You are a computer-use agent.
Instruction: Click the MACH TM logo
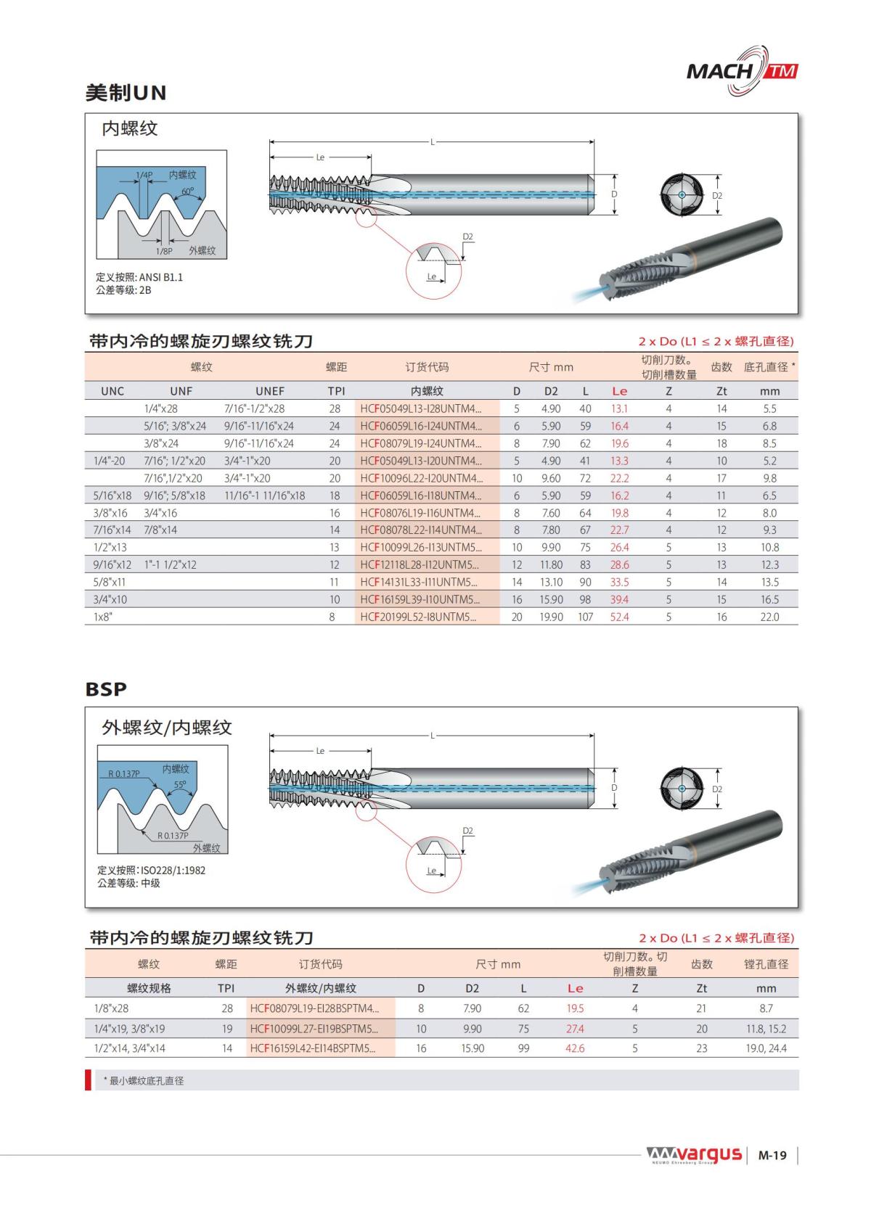pos(742,71)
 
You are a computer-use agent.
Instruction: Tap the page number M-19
pos(772,1155)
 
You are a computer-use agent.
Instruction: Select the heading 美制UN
pos(126,93)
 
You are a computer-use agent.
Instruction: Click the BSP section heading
pos(106,688)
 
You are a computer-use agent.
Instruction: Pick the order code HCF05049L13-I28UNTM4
pos(420,408)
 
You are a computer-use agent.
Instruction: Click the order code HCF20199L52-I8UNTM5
pos(418,617)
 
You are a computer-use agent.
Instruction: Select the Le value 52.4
pos(619,617)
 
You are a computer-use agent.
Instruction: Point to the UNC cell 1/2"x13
pos(110,547)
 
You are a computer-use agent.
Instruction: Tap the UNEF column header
pos(269,391)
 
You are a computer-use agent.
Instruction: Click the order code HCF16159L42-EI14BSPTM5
pos(313,1048)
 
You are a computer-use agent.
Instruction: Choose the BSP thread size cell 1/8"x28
pos(111,1008)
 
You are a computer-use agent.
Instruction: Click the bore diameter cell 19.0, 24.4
pos(766,1048)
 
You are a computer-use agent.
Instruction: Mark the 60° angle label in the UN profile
pos(188,192)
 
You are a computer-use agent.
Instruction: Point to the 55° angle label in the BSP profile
pos(180,784)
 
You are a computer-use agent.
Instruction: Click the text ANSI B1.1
pos(161,277)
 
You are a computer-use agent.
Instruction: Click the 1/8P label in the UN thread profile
pos(164,250)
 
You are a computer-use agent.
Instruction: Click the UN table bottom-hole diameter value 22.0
pos(769,617)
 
